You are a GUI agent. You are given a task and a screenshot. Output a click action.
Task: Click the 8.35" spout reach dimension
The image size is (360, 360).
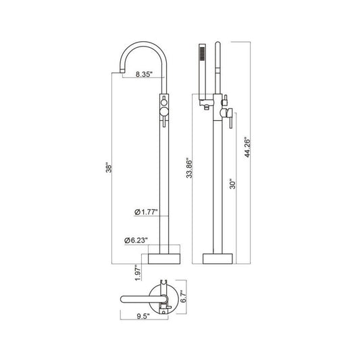(144, 74)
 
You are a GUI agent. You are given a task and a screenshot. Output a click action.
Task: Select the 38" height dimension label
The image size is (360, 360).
(109, 168)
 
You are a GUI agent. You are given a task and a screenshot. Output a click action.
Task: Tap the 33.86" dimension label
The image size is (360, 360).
(189, 168)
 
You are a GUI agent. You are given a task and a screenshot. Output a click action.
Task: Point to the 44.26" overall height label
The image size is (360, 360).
(247, 147)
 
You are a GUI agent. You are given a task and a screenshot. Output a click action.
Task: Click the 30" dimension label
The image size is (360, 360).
(232, 184)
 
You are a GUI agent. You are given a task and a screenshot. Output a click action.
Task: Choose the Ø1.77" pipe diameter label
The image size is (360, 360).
(146, 212)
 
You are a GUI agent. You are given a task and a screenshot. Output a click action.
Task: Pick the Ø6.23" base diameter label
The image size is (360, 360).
(136, 240)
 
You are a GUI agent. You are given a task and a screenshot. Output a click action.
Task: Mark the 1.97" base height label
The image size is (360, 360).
(138, 273)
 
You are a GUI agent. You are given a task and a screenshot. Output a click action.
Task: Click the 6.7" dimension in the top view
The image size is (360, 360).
(183, 297)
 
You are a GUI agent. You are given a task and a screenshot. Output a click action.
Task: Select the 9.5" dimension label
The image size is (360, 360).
(143, 316)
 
